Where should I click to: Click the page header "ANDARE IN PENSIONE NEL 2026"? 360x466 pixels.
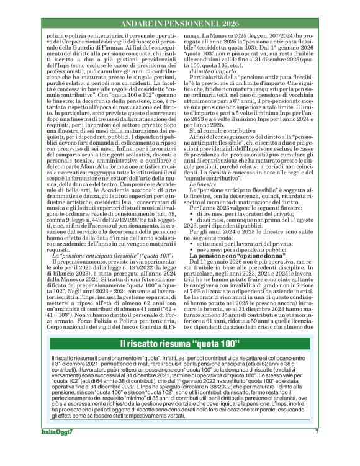pyautogui.click(x=180, y=24)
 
